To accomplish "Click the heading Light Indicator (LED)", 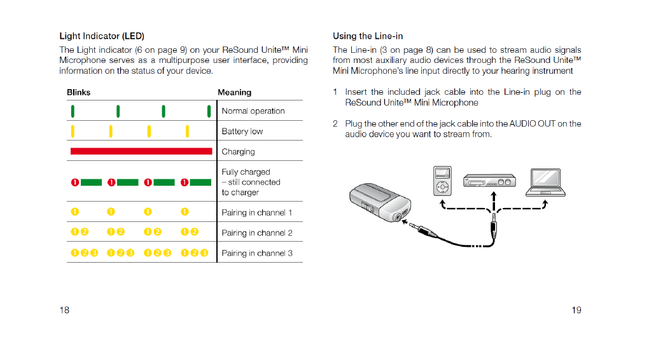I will coord(106,36).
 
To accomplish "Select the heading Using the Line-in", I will coord(367,36).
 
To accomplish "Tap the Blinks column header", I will coord(78,92).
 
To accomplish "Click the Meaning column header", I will coord(234,92).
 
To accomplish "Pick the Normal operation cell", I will coord(253,111).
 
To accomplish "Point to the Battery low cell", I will coord(242,131).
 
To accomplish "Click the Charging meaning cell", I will coord(238,151).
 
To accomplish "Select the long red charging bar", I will coord(141,151).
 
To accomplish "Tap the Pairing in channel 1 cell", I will coord(256,212).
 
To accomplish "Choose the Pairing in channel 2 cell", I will coord(256,233).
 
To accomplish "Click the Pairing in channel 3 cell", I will coord(256,253).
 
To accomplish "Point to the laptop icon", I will coord(545,183).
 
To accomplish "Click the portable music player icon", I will coord(442,181).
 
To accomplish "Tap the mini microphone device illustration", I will coord(379,201).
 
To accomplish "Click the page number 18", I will coord(64,310).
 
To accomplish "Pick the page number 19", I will coord(576,310).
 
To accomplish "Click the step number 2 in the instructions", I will coord(335,123).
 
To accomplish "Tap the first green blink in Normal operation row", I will coord(73,111).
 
